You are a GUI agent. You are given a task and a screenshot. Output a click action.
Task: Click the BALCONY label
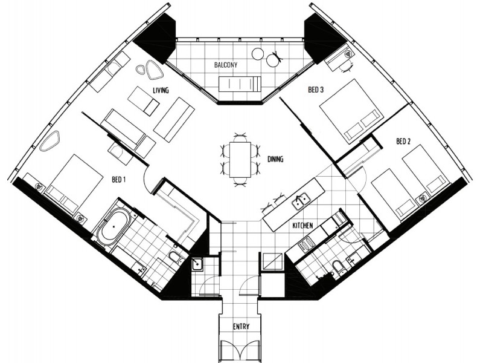[226, 65]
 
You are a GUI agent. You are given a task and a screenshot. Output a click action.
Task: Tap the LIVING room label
[161, 90]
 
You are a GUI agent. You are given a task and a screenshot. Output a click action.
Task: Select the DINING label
[275, 159]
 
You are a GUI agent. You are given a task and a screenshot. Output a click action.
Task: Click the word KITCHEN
[302, 226]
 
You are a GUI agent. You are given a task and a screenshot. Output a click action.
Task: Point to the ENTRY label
[241, 326]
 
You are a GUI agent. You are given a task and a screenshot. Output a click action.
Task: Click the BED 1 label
[118, 179]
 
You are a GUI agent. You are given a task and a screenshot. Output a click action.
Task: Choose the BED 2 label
[403, 142]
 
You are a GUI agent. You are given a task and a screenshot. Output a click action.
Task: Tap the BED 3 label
[316, 90]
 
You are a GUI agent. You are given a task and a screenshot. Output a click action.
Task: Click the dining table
[240, 159]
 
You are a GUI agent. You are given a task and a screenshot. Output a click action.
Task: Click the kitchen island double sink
[301, 200]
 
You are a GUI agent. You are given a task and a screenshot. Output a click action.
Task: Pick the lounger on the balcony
[240, 84]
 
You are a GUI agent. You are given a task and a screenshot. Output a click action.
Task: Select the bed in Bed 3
[350, 111]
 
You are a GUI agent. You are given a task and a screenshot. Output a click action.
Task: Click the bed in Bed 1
[74, 184]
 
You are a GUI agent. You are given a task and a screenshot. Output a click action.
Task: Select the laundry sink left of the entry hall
[197, 264]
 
